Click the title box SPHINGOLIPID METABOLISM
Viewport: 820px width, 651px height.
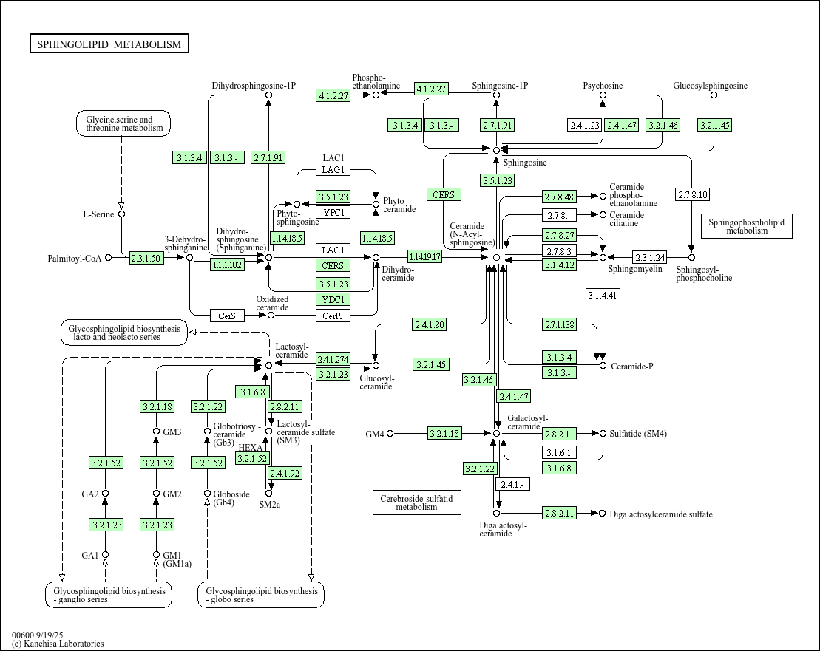point(109,44)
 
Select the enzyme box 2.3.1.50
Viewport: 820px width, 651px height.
point(146,258)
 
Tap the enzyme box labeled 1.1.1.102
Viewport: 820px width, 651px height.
point(227,265)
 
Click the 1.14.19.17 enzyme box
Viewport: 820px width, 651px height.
point(424,257)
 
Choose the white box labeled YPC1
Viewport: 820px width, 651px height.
point(333,213)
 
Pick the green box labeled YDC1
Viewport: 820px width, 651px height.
point(333,299)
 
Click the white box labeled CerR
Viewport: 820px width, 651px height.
point(333,316)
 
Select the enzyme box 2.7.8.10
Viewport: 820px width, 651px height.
point(692,195)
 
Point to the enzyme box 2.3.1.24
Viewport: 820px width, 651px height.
point(649,257)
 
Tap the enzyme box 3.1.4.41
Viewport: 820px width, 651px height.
point(602,296)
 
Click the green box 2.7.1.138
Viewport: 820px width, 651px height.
point(559,325)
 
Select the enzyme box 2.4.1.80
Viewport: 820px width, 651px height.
point(429,324)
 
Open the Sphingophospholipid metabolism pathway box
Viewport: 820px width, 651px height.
point(746,225)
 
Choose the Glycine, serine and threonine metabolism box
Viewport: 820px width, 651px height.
point(123,123)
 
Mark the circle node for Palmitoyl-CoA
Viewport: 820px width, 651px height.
point(109,258)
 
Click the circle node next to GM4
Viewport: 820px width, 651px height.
point(390,434)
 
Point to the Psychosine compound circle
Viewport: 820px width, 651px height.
point(603,95)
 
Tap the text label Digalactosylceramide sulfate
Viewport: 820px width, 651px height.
point(661,514)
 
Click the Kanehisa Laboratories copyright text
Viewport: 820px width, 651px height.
point(58,644)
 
